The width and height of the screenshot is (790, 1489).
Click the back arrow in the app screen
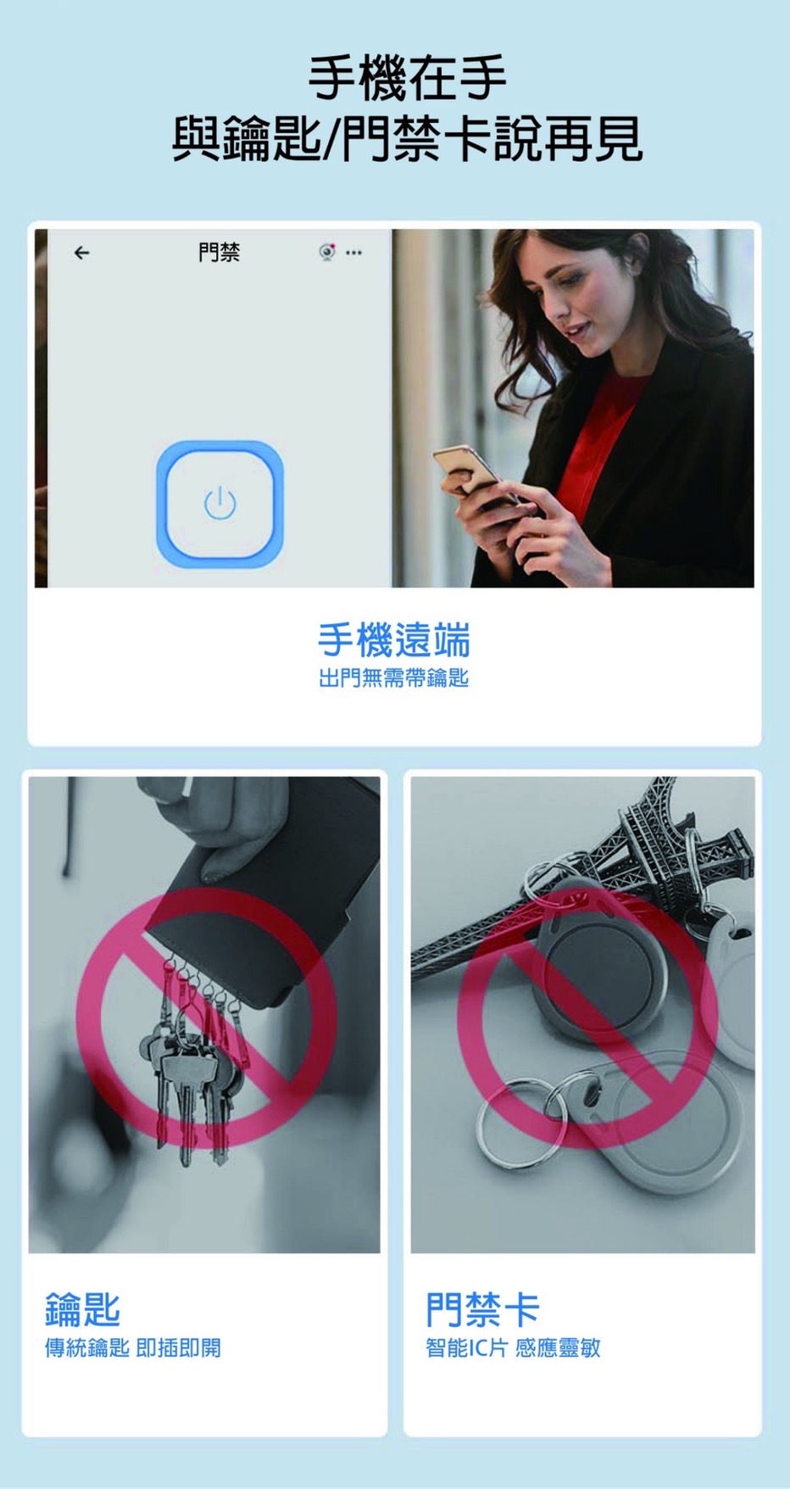[x=81, y=253]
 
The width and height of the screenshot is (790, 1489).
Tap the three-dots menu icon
[x=353, y=253]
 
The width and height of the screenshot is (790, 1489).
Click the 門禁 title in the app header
[x=219, y=252]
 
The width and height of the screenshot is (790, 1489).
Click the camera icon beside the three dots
[x=327, y=252]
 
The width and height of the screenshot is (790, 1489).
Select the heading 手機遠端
[x=394, y=639]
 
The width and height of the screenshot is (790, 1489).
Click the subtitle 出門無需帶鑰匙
[x=393, y=678]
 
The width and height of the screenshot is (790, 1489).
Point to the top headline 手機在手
[x=408, y=77]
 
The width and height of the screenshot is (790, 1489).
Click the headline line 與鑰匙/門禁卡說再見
[x=408, y=138]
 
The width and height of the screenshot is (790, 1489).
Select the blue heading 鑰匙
[x=82, y=1309]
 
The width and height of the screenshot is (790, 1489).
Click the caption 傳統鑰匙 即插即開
[x=133, y=1348]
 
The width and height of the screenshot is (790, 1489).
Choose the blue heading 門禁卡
[x=482, y=1309]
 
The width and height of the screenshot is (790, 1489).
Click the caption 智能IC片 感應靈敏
[x=513, y=1348]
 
